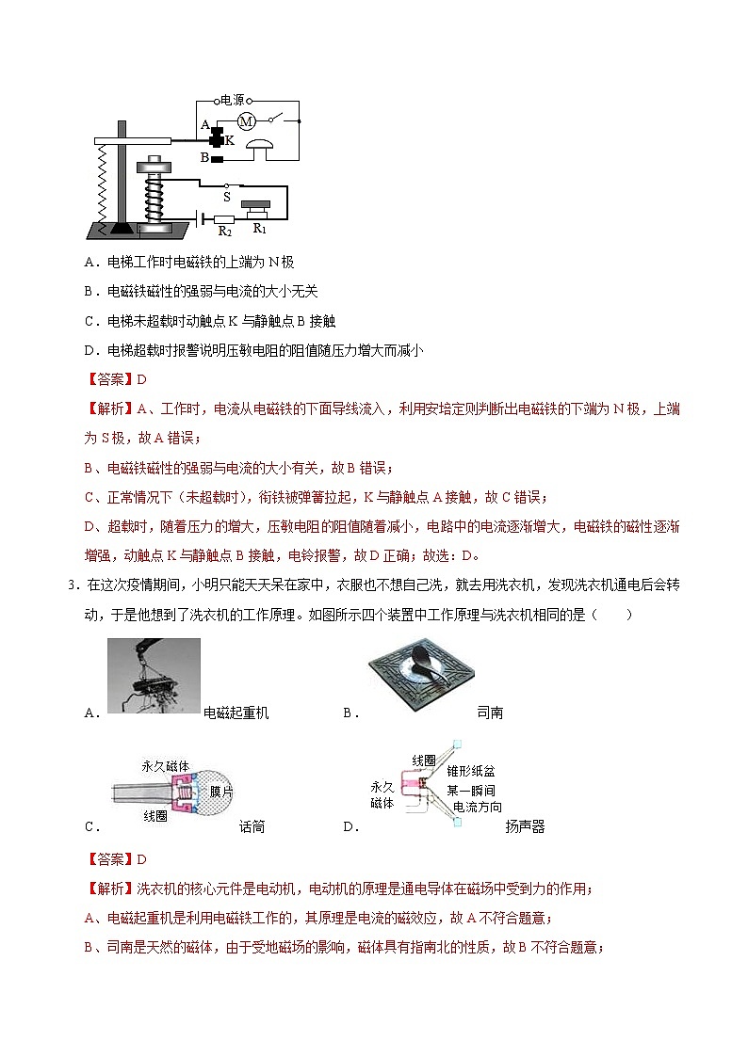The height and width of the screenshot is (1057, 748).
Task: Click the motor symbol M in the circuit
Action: coord(246,120)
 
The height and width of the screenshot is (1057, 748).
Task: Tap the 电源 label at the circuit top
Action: coord(232,99)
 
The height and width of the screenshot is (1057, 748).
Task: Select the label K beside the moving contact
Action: coord(229,138)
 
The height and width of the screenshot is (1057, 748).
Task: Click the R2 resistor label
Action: coord(224,229)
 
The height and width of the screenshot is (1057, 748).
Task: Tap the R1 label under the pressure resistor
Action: coord(257,227)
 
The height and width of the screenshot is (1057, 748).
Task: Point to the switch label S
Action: coord(226,197)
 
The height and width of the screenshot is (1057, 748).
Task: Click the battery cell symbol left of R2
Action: coord(201,218)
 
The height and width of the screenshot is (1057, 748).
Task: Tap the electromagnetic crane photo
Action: coord(154,676)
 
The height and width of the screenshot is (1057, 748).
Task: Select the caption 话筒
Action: coord(252,827)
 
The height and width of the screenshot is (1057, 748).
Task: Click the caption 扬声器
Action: coord(525,827)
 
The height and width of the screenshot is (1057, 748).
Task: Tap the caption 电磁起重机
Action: coord(236,713)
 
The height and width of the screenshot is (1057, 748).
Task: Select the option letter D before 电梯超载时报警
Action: coord(89,350)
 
